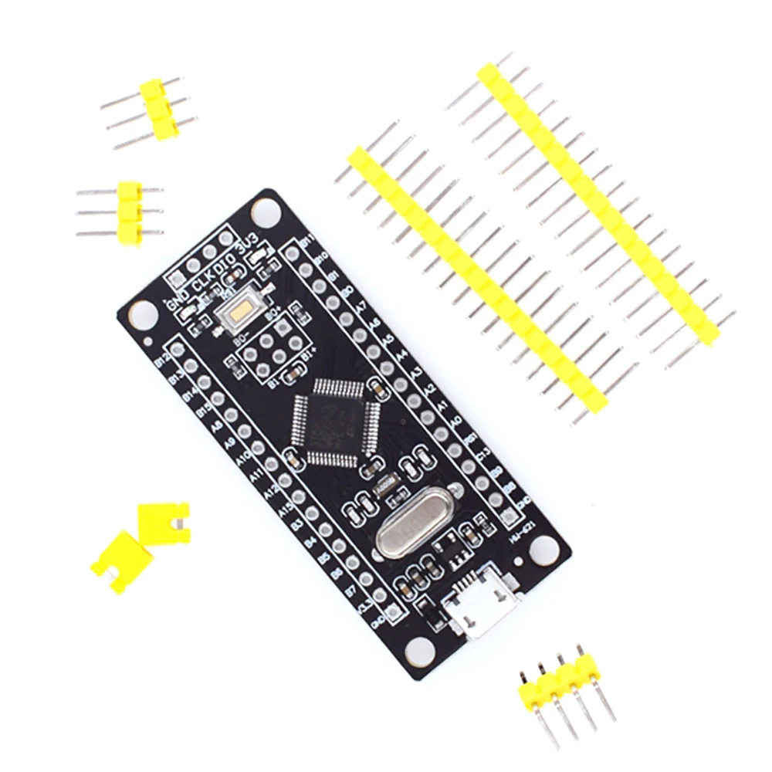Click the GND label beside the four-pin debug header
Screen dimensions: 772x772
(176, 303)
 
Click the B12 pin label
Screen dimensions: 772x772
(163, 361)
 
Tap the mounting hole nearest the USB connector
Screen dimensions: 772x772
(419, 647)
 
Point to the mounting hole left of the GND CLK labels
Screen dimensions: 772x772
(141, 313)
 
